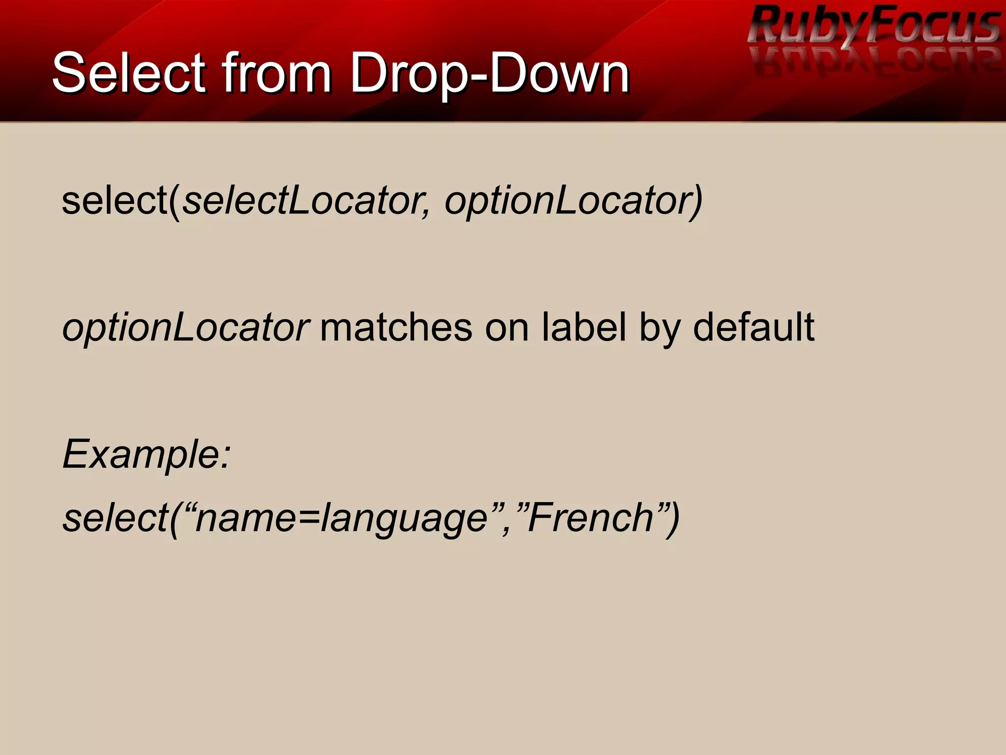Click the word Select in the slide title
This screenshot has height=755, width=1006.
129,74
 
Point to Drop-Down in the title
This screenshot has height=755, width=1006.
489,74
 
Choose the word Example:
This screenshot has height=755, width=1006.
146,455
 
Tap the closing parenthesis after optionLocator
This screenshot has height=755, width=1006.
697,201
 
